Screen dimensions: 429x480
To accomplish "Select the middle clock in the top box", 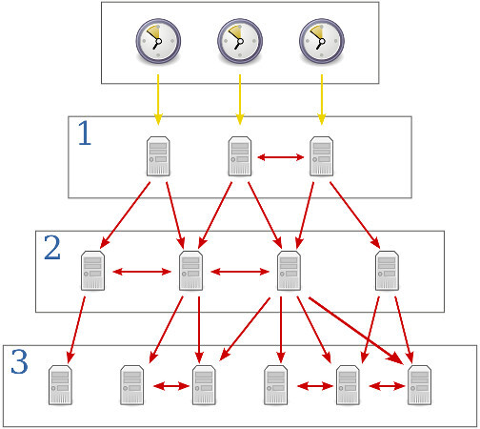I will click(239, 40).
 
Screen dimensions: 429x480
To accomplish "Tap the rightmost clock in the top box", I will click(321, 40).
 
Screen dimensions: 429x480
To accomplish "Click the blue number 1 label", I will click(85, 134).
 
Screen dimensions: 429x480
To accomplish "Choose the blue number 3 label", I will click(19, 361).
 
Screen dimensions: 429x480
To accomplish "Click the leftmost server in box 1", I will click(158, 155).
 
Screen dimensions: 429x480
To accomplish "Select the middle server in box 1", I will click(239, 155).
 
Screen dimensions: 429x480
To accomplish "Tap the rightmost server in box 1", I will click(321, 155).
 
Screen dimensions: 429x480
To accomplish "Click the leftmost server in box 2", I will click(92, 270).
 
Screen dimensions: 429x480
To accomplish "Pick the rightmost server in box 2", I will click(386, 270).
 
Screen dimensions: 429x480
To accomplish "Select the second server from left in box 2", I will click(190, 270).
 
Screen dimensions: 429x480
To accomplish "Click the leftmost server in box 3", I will click(60, 384).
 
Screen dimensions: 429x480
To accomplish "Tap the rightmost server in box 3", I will click(418, 384).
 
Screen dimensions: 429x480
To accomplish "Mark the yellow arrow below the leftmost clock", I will click(157, 99).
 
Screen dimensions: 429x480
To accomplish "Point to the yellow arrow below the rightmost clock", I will click(321, 99).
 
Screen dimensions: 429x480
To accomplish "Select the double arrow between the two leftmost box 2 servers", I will click(141, 272).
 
